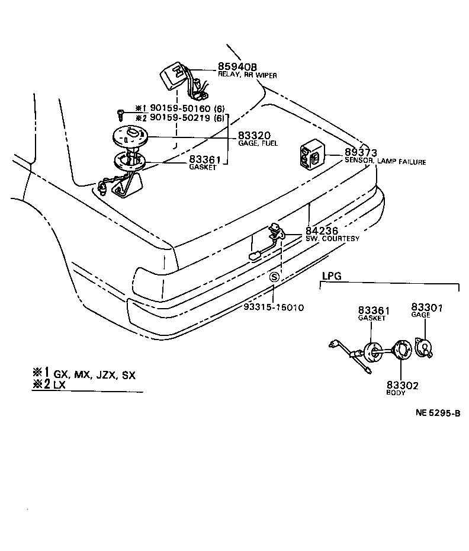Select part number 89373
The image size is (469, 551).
(361, 153)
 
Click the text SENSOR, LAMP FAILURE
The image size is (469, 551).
(385, 161)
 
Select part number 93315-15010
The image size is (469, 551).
(274, 307)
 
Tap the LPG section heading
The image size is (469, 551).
(332, 276)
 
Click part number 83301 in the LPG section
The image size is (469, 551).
(427, 307)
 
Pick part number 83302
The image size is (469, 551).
(403, 385)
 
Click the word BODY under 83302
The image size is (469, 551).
(396, 393)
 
